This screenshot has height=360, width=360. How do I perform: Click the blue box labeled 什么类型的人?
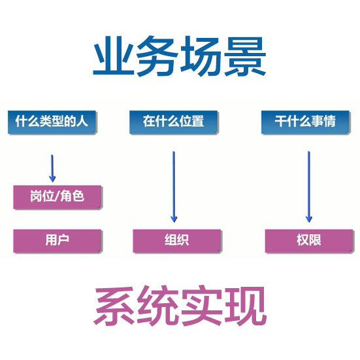click(x=52, y=122)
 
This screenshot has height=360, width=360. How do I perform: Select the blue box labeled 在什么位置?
click(x=173, y=122)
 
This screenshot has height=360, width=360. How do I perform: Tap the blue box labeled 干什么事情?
click(x=305, y=122)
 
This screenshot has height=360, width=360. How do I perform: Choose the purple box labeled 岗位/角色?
click(x=57, y=197)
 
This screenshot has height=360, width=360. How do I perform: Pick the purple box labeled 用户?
click(x=57, y=241)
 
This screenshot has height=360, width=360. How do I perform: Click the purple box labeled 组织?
click(x=177, y=241)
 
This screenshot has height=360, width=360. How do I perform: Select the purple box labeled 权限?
click(x=309, y=241)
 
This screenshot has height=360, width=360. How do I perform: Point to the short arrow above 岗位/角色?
click(x=52, y=169)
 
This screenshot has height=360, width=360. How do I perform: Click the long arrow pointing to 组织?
click(x=174, y=187)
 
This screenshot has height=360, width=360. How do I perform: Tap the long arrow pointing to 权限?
click(x=309, y=187)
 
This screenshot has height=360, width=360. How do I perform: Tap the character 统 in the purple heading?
click(x=157, y=306)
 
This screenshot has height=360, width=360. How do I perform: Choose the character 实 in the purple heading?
click(x=202, y=306)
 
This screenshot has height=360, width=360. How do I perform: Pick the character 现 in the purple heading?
click(x=246, y=306)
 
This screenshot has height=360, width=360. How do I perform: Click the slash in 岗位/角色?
click(x=57, y=197)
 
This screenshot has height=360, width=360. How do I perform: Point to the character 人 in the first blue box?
click(x=82, y=121)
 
